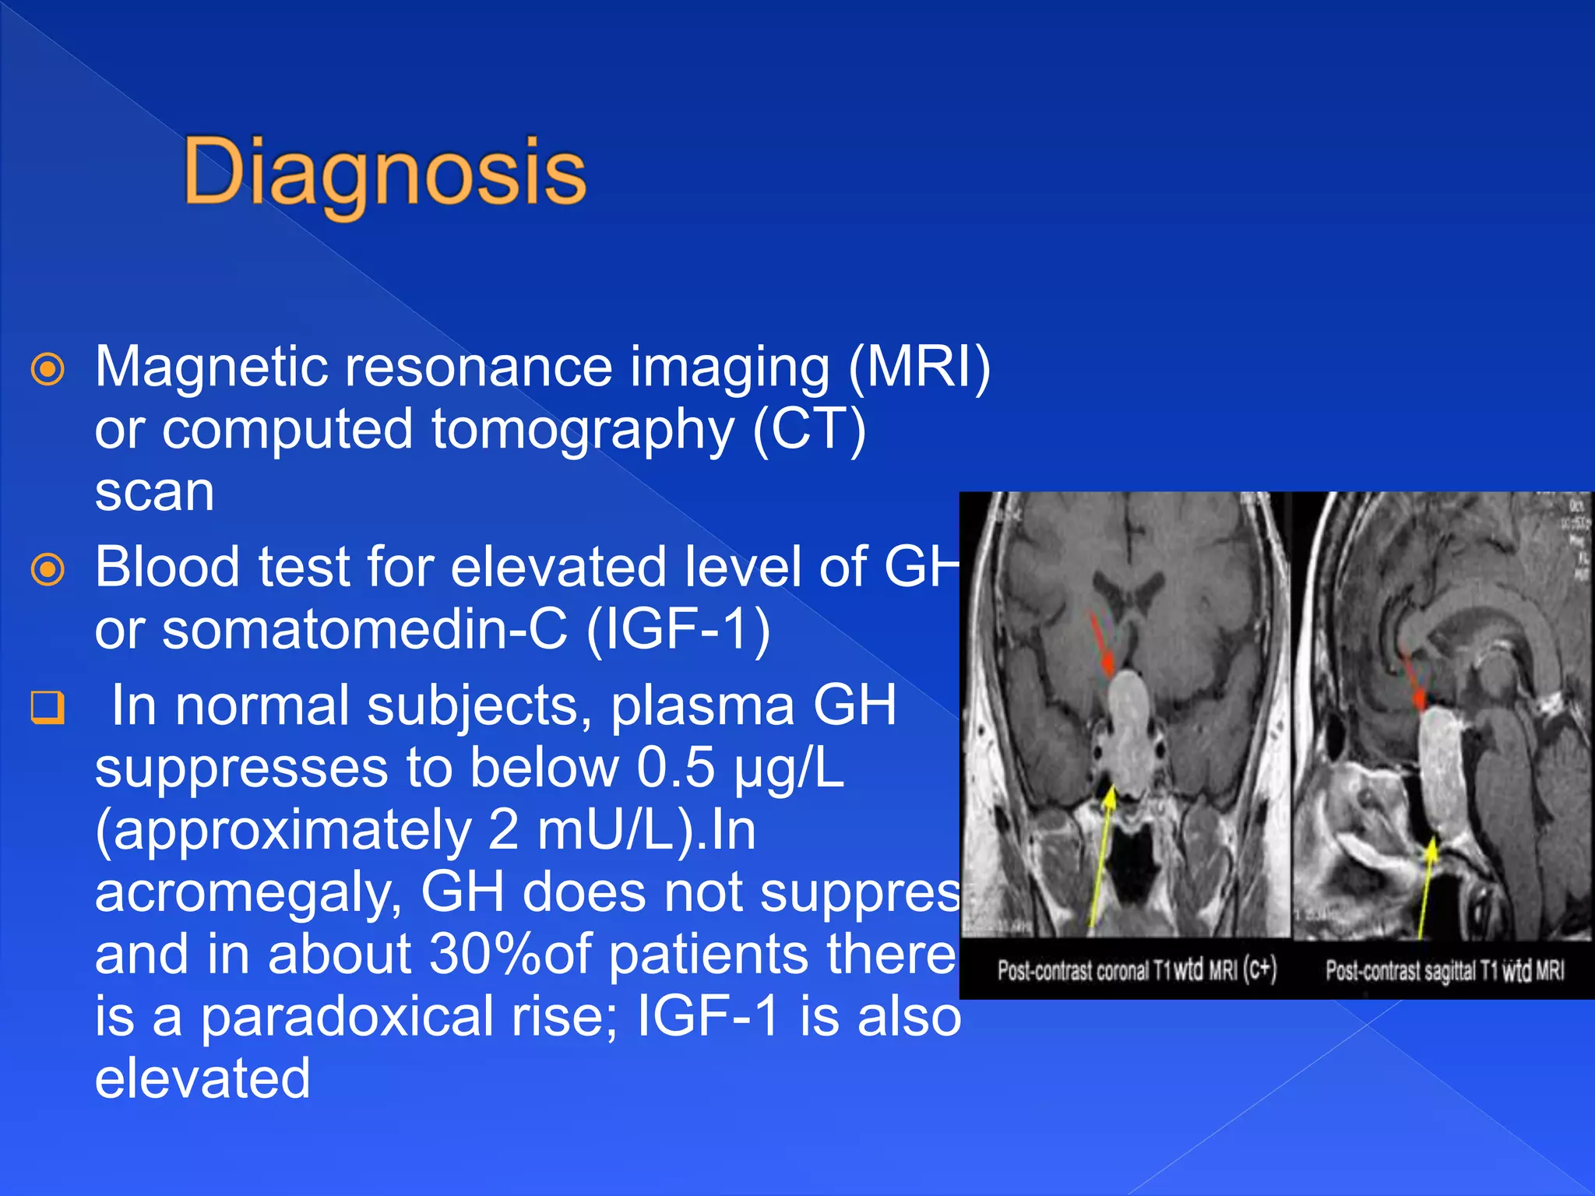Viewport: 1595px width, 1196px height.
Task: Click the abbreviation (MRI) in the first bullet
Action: [x=919, y=366]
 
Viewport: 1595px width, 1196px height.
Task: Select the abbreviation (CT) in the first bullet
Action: [x=809, y=429]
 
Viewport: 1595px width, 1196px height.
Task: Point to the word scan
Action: [x=154, y=492]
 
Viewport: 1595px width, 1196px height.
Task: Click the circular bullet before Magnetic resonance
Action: [x=48, y=369]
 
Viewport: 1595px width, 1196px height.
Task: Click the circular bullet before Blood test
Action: [x=48, y=570]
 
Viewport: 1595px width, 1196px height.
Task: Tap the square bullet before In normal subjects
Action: [x=48, y=707]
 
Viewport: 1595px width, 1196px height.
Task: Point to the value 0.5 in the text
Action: [x=675, y=768]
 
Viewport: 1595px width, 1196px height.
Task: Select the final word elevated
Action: [x=202, y=1079]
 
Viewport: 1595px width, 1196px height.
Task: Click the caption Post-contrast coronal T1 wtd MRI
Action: [x=1137, y=970]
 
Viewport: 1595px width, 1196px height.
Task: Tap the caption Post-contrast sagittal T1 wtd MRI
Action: [x=1445, y=970]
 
